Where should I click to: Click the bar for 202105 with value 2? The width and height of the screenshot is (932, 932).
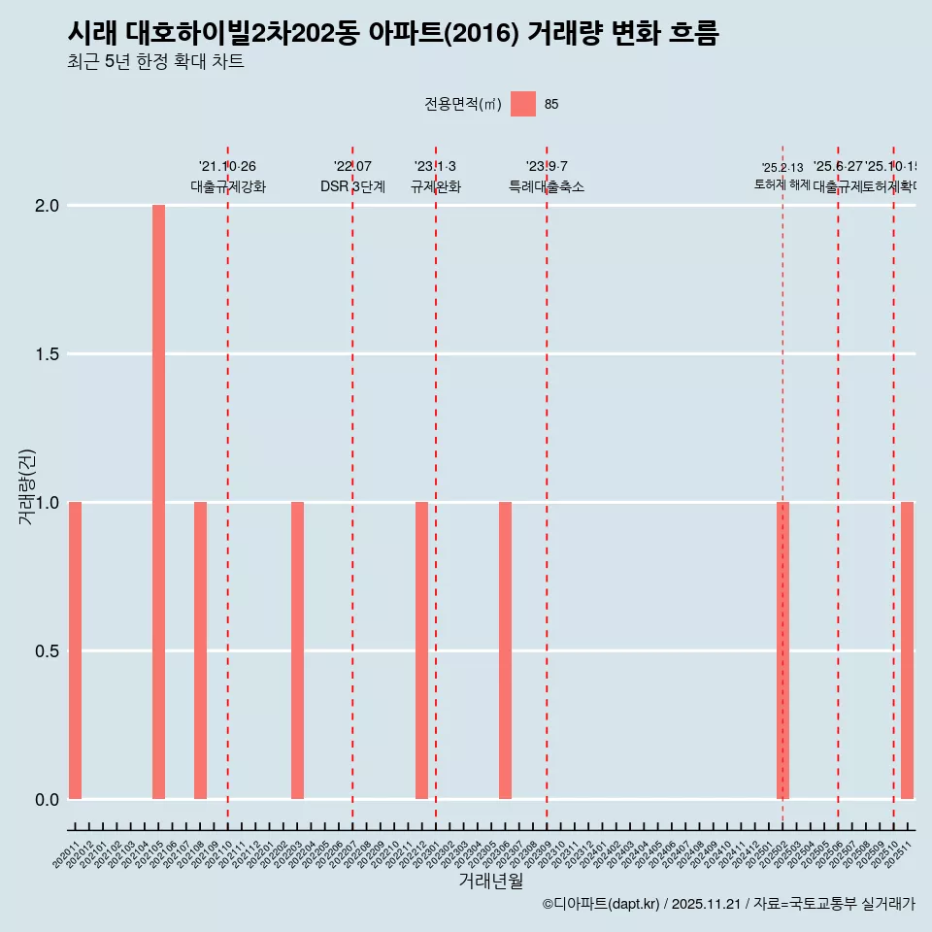click(x=158, y=502)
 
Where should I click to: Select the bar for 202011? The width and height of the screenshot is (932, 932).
click(x=75, y=650)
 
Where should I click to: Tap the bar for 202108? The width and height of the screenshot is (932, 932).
click(x=200, y=650)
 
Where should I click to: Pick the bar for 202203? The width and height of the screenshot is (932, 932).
click(x=297, y=650)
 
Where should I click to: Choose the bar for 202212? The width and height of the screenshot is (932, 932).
click(x=421, y=650)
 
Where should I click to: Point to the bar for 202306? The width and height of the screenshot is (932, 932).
click(x=505, y=650)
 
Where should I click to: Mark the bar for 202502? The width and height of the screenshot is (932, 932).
click(x=782, y=650)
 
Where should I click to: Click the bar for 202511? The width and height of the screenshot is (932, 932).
click(x=907, y=650)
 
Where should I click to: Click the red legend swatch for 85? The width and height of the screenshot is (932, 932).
click(x=523, y=104)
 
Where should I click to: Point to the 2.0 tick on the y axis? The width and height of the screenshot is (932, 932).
click(x=46, y=206)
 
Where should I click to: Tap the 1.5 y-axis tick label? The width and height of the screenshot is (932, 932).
click(x=46, y=354)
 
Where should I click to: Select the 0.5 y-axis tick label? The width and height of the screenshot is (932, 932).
click(x=46, y=650)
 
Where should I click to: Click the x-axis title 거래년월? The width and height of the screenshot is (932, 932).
click(x=490, y=882)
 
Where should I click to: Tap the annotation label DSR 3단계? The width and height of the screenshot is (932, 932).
click(x=352, y=186)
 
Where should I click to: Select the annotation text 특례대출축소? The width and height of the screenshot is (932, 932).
click(x=547, y=186)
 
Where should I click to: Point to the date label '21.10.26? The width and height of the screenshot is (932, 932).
click(x=227, y=167)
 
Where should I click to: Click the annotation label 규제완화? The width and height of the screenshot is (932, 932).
click(x=435, y=186)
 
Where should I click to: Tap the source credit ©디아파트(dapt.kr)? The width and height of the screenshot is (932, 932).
click(x=602, y=904)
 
